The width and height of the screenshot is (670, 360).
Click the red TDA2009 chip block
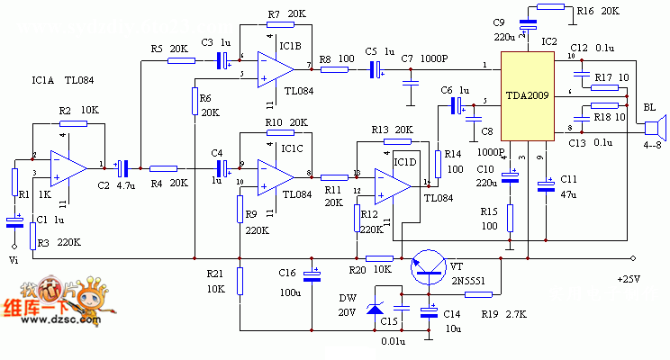(526, 96)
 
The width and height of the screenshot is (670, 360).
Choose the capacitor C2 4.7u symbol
(126, 167)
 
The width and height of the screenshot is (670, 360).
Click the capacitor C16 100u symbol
(312, 274)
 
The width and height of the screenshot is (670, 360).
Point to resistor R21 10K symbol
(240, 282)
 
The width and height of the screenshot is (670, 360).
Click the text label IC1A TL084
(62, 80)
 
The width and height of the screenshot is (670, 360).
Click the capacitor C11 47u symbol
(545, 186)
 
